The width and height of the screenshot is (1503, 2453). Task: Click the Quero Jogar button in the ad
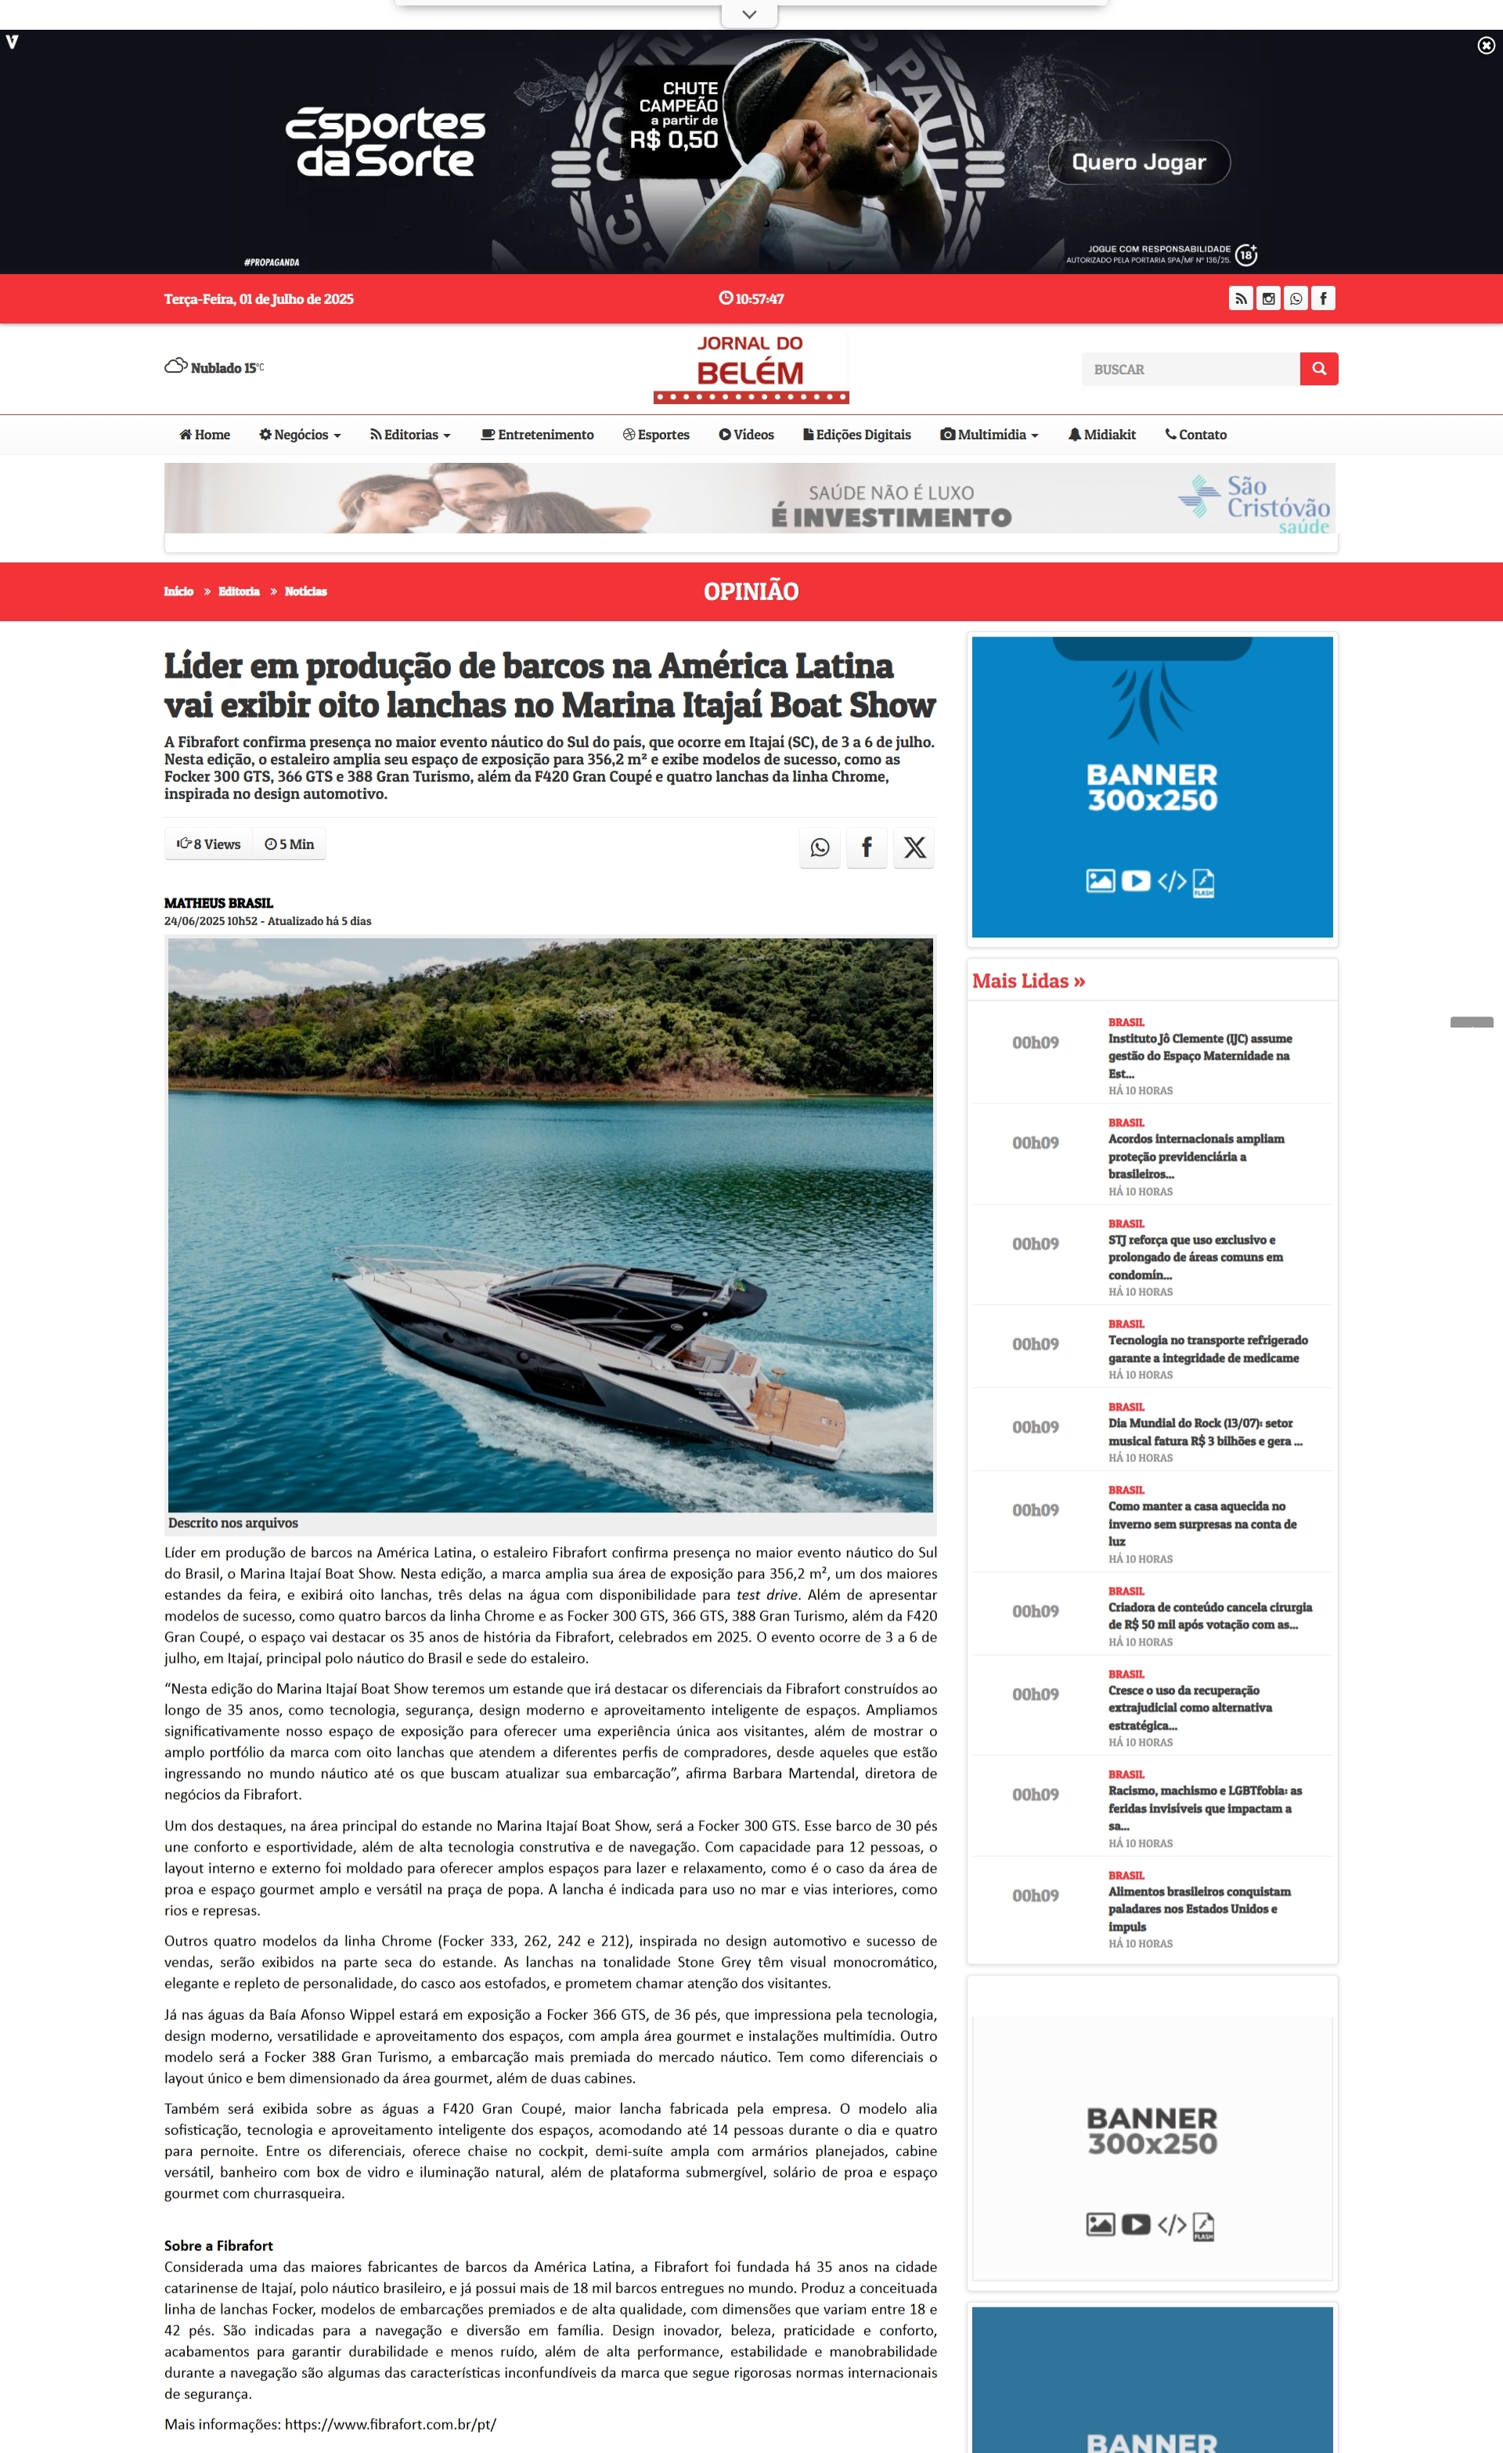click(x=1139, y=162)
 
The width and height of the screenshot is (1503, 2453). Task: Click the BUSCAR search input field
click(x=1189, y=370)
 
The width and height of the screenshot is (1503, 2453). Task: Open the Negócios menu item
click(x=300, y=435)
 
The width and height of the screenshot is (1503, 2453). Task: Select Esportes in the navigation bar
click(x=656, y=435)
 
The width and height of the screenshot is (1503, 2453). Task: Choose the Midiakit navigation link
click(x=1102, y=435)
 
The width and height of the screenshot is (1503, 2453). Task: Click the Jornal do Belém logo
click(x=751, y=368)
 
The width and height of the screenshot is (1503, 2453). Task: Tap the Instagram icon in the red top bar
click(x=1268, y=298)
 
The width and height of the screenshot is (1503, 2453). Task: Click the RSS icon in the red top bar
click(x=1240, y=298)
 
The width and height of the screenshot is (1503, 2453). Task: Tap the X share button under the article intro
click(x=914, y=847)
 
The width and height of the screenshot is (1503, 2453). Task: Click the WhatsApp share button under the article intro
click(x=819, y=847)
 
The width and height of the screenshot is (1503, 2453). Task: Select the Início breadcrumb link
click(x=179, y=591)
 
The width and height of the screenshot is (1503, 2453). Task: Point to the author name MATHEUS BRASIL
click(x=219, y=903)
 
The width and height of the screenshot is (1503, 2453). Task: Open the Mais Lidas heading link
click(x=1028, y=981)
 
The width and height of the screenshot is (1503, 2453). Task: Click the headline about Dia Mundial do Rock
click(x=1205, y=1432)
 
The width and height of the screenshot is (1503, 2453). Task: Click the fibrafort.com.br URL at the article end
click(x=390, y=2424)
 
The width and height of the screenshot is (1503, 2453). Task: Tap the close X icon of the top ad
click(x=1485, y=45)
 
